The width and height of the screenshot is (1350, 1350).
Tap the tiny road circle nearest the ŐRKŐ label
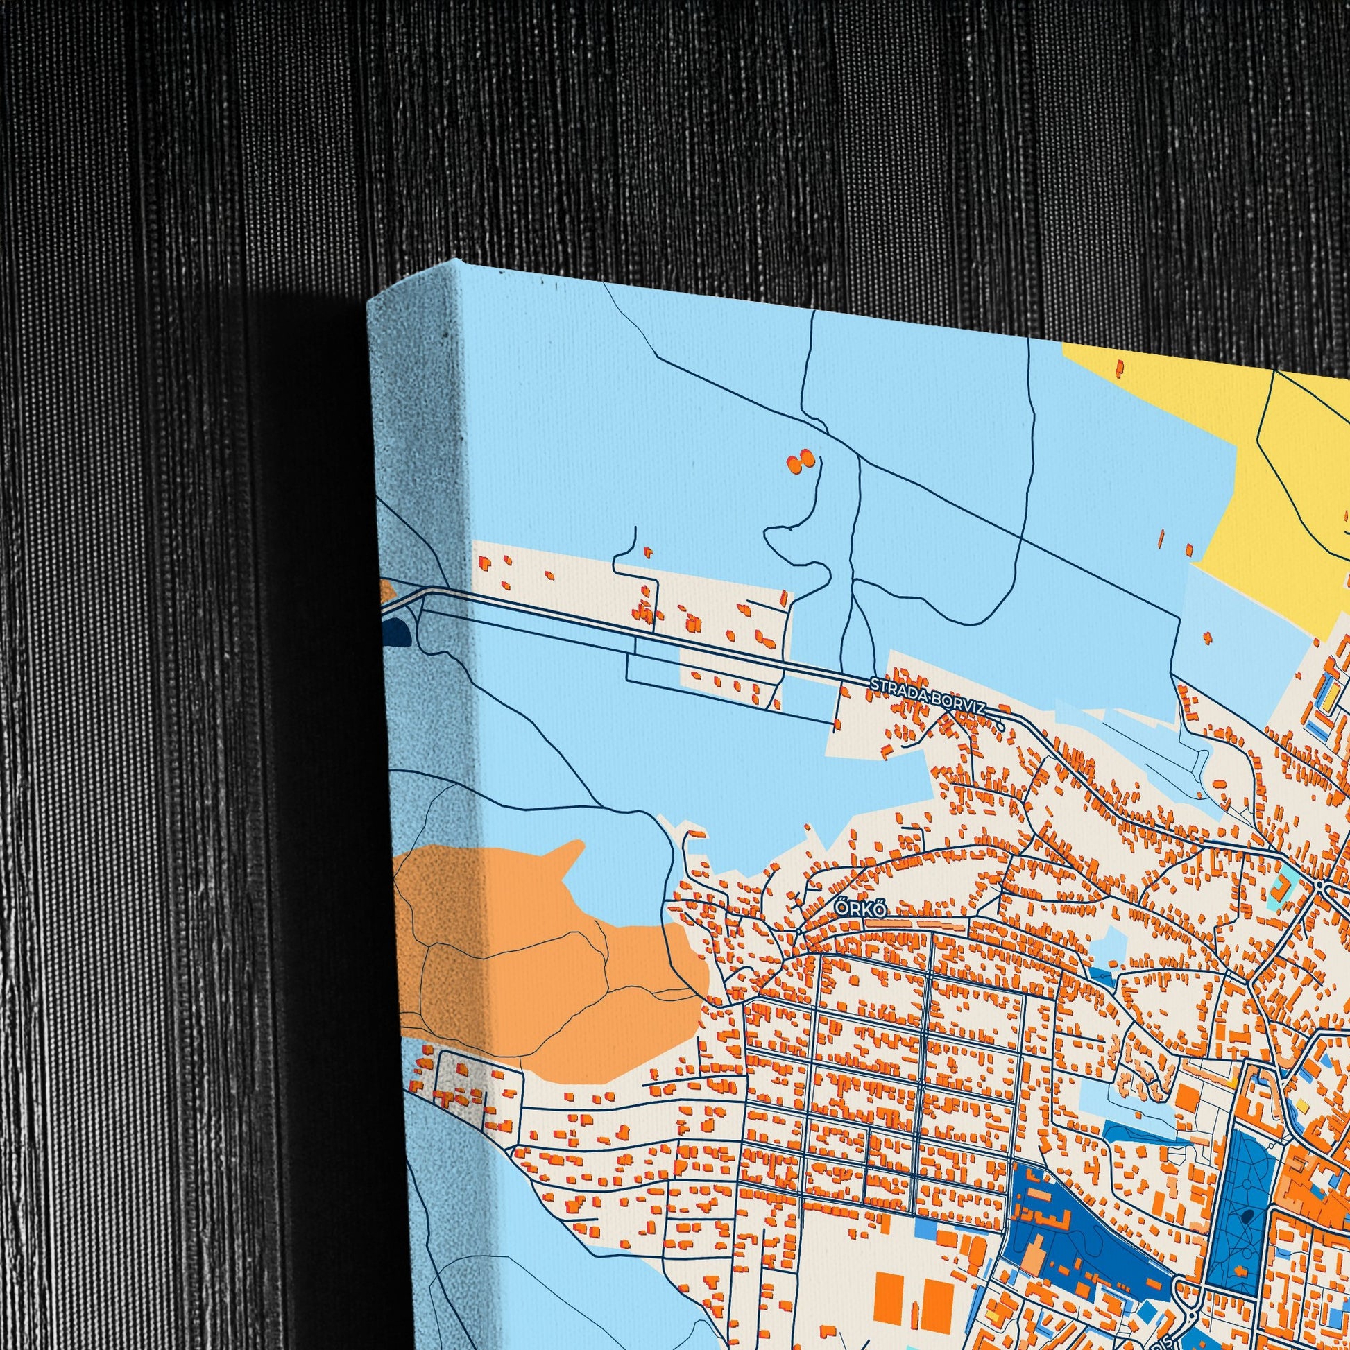pos(798,932)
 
